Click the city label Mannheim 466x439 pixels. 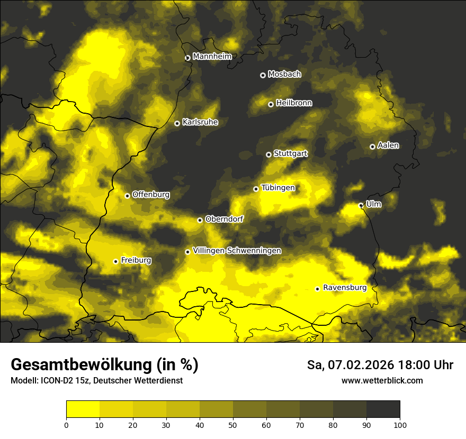click(212, 56)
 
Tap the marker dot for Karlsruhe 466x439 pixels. click(177, 123)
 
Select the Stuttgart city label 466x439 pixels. click(290, 153)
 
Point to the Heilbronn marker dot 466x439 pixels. click(271, 104)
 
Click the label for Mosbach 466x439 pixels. click(284, 74)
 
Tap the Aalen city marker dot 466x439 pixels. click(372, 147)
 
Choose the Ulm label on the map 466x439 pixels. click(373, 204)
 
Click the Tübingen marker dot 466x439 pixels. click(256, 189)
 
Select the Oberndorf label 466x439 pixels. click(224, 219)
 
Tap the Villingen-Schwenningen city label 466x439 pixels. click(237, 251)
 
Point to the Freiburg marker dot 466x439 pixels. click(115, 261)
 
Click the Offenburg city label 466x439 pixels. click(151, 194)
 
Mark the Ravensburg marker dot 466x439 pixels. click(317, 289)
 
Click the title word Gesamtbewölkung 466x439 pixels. click(78, 364)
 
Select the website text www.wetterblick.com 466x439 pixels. click(382, 380)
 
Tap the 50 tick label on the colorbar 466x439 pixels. click(233, 424)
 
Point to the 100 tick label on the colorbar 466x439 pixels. click(400, 424)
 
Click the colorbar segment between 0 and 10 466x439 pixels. click(83, 409)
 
